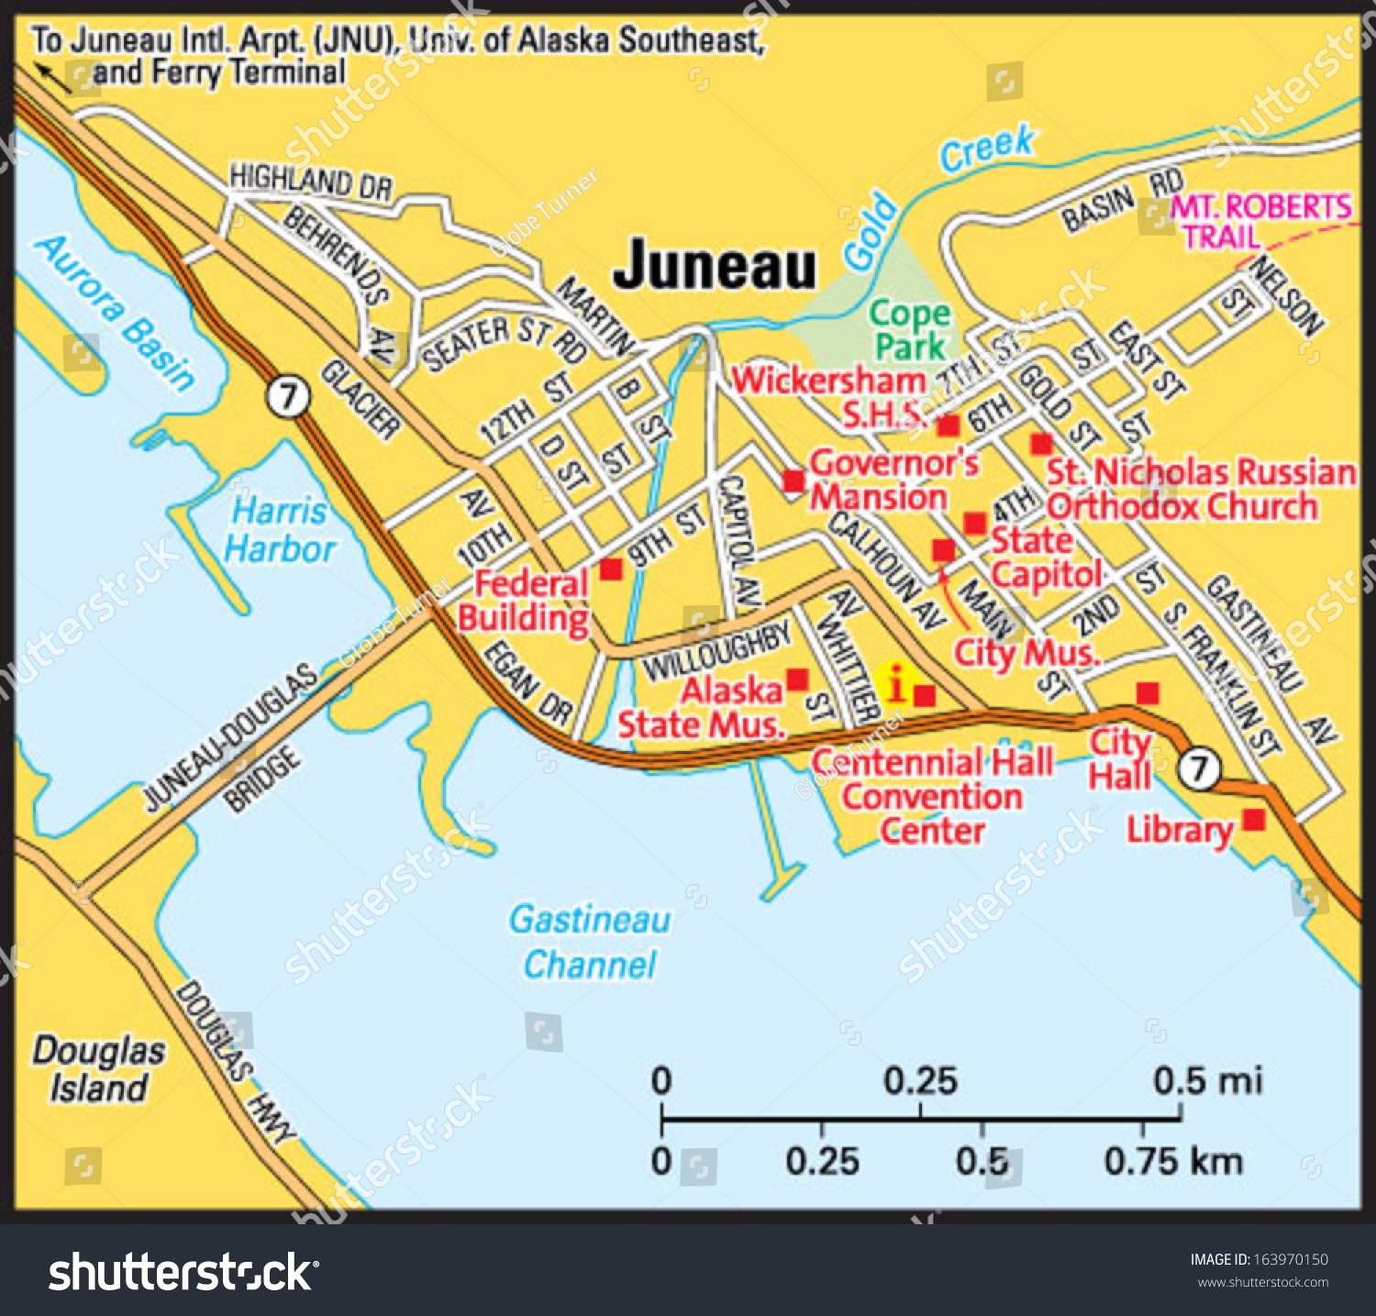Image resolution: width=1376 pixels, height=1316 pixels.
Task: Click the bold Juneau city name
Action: tap(714, 266)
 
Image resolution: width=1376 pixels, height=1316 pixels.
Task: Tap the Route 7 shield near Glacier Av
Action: tap(289, 398)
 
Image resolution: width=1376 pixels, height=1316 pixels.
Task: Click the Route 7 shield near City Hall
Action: tap(1198, 768)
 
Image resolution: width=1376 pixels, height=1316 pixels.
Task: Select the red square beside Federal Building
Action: tap(611, 570)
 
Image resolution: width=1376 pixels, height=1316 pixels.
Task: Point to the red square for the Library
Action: tap(1253, 819)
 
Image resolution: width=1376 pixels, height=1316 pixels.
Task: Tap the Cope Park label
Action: tap(909, 330)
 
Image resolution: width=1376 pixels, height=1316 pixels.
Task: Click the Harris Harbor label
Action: tap(279, 530)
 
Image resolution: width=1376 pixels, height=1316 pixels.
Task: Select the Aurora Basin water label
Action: tap(116, 311)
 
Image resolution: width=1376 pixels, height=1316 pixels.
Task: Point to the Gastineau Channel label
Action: tap(590, 942)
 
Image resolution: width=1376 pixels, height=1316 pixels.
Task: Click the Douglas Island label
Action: tap(98, 1069)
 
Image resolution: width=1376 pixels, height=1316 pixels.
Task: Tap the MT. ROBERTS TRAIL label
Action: tap(1259, 221)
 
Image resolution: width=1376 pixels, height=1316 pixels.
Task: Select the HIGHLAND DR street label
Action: tap(310, 181)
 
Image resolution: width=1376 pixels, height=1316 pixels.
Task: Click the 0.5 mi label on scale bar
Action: tap(1206, 1081)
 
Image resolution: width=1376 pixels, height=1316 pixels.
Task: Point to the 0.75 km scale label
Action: tap(1172, 1162)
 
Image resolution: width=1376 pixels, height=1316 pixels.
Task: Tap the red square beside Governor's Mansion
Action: tap(793, 481)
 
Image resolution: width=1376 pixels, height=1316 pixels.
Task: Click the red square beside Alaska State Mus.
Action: tap(797, 679)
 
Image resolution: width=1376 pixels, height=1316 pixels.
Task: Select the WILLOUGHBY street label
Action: tap(716, 650)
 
